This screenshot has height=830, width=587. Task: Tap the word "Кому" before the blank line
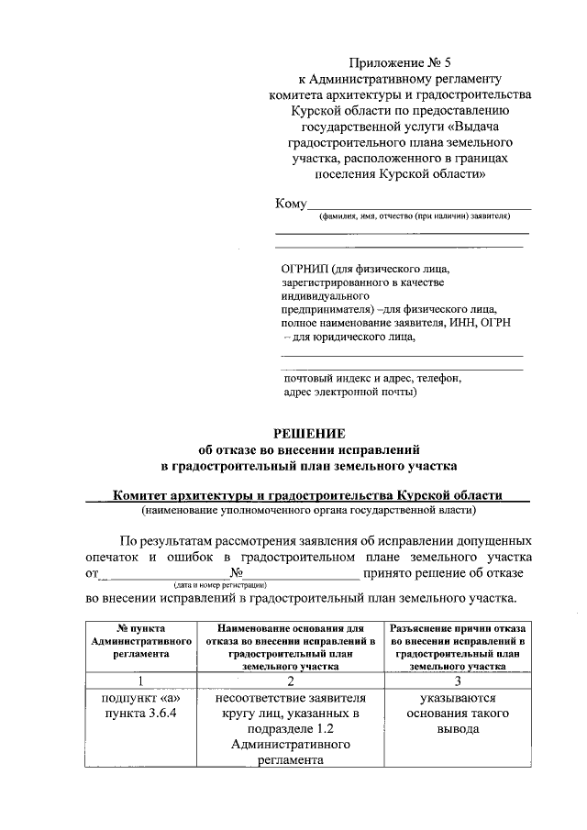[x=290, y=204]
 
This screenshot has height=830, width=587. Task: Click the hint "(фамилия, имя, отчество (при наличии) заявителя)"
[x=414, y=216]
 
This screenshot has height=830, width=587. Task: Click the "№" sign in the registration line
[x=238, y=573]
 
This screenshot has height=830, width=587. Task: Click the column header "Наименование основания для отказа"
[x=291, y=648]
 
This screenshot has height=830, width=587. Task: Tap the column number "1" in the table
[x=140, y=681]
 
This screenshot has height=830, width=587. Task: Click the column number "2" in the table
[x=291, y=681]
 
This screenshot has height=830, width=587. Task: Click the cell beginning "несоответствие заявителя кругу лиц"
[x=291, y=728]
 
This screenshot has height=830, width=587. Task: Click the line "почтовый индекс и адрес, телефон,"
[x=372, y=378]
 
